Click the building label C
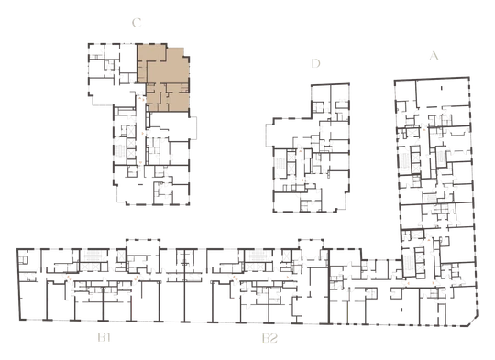pos(137,23)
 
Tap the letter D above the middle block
pos(315,63)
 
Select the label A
pos(434,56)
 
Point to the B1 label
pos(104,338)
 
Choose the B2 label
pos(269,338)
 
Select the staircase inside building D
pos(280,164)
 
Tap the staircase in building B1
pos(93,255)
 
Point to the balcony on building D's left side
pos(269,135)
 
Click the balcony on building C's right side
pos(192,127)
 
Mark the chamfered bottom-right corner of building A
pos(473,322)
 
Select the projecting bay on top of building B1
pos(143,244)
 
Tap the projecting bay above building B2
pos(312,244)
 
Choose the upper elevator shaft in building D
pos(291,156)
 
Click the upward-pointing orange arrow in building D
pos(301,152)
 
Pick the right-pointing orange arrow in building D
pos(303,180)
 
